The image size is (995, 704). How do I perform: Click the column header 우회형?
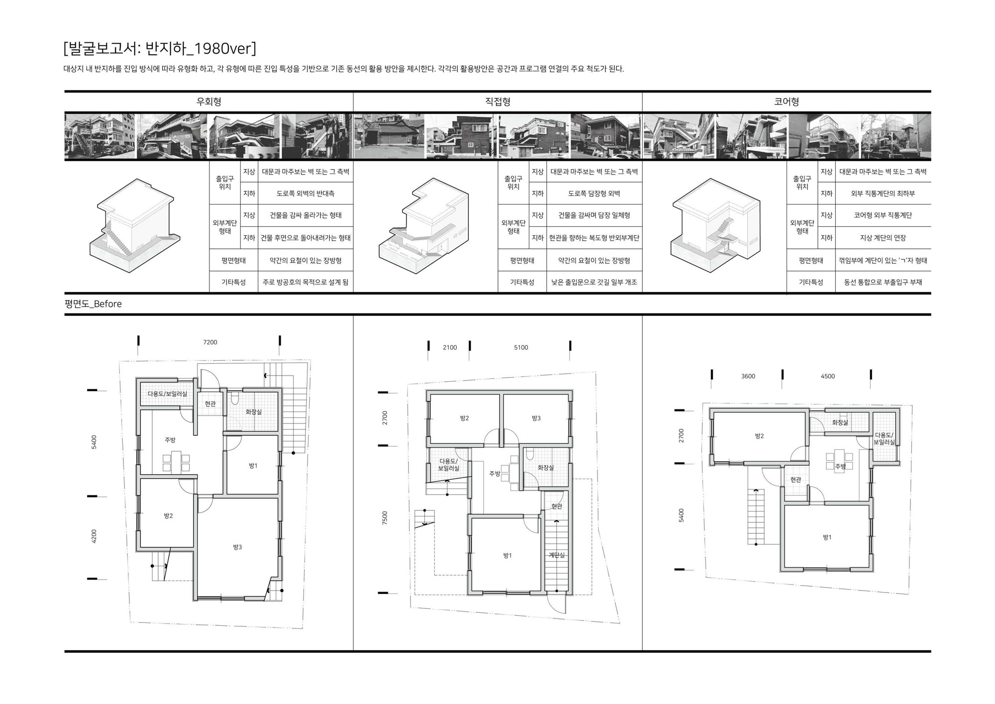209,102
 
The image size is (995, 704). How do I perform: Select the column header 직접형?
497,102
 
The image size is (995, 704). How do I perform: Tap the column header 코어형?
787,102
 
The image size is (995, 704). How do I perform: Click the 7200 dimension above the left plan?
210,342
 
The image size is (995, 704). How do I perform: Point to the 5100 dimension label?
521,347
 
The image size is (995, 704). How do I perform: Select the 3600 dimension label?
748,376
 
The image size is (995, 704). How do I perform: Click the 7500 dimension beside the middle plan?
385,518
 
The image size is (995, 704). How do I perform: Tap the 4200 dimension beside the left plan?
94,537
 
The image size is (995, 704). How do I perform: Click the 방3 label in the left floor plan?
237,547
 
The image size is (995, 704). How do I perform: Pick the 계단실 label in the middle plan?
557,555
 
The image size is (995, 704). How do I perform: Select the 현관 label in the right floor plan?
796,480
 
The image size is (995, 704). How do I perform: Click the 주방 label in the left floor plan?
170,440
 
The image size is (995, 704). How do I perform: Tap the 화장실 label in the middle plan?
546,468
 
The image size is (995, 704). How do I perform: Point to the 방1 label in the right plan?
827,537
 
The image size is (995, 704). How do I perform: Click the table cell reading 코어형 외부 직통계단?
883,215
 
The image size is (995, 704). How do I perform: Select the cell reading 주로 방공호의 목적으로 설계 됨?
305,282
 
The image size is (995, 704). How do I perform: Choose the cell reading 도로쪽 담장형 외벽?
594,194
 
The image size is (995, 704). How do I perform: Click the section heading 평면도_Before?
93,304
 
